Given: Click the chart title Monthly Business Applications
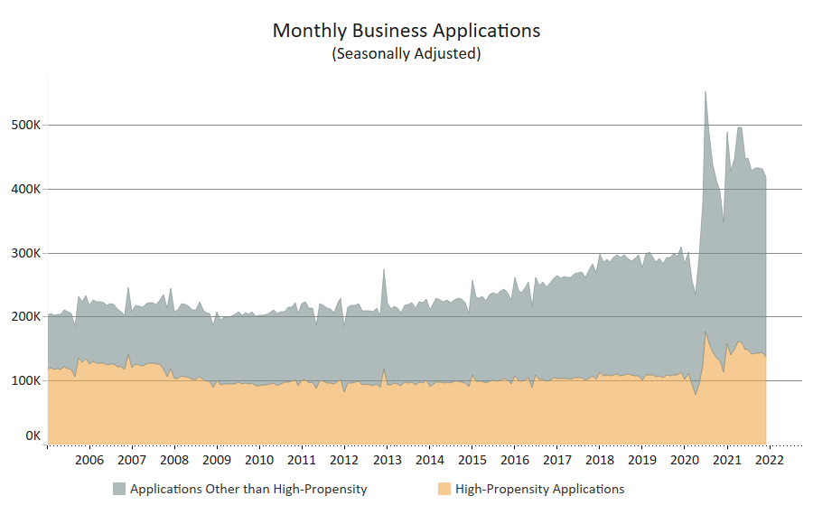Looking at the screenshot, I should (406, 31).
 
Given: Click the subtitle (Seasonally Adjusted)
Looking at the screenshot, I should (406, 53).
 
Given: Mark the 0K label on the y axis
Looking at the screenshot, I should (33, 435).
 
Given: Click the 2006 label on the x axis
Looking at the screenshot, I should (89, 460).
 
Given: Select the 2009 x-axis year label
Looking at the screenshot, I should (217, 460).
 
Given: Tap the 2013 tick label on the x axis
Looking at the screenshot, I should (387, 460).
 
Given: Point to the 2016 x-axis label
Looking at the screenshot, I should (514, 460).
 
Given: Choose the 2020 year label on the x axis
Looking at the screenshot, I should (684, 460).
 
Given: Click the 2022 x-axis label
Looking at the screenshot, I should (769, 460).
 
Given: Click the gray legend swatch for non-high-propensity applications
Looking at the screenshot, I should (118, 489).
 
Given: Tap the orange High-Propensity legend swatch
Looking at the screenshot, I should (444, 489).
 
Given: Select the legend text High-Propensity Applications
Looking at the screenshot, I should (539, 489).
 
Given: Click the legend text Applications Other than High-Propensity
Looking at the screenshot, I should (248, 489).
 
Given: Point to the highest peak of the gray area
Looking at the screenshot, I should (705, 92).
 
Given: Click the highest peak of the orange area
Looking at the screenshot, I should (705, 332).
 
